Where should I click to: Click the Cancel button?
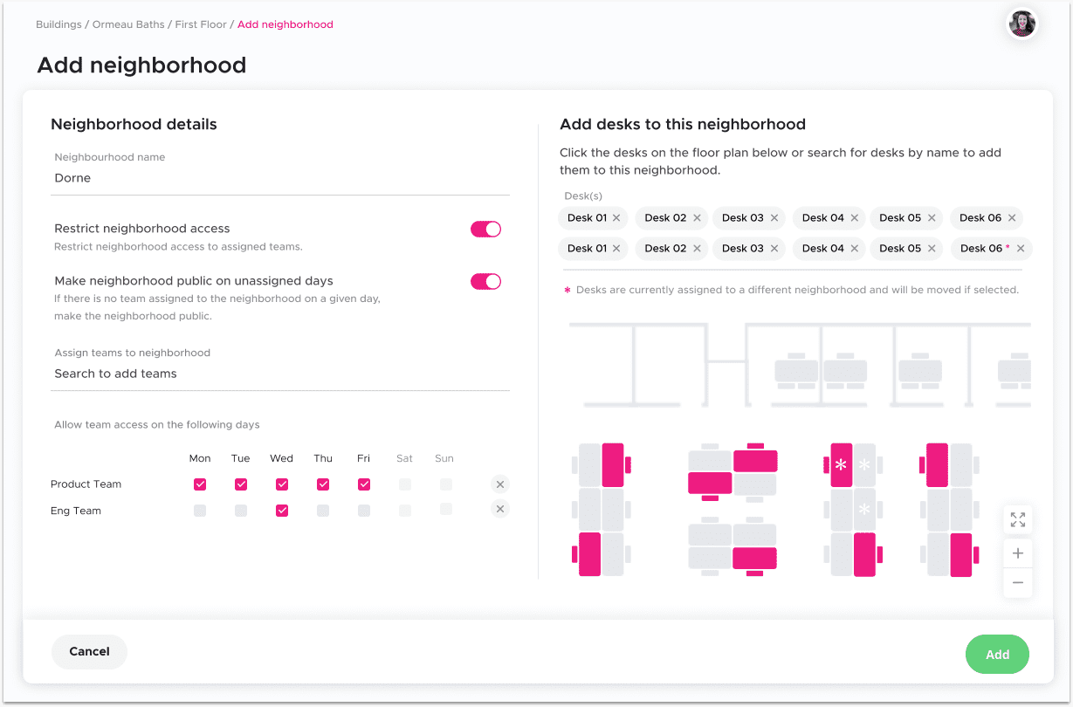point(89,651)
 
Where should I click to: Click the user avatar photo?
point(1021,24)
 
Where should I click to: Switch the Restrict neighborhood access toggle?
point(485,229)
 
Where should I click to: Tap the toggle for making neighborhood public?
point(485,281)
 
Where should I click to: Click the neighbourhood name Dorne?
point(72,178)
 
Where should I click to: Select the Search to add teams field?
point(115,374)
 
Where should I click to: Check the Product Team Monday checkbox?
point(200,484)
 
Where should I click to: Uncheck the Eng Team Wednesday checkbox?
point(282,511)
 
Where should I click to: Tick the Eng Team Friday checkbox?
point(363,511)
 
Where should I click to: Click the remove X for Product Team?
point(499,484)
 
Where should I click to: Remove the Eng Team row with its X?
point(499,509)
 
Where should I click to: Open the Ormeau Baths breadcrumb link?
point(128,24)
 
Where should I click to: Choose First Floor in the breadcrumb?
point(200,24)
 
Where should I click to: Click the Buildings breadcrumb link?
point(58,24)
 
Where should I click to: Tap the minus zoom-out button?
point(1018,582)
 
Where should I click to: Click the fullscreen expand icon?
point(1018,519)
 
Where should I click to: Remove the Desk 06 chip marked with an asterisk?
point(1021,248)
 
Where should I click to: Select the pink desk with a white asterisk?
point(841,464)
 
